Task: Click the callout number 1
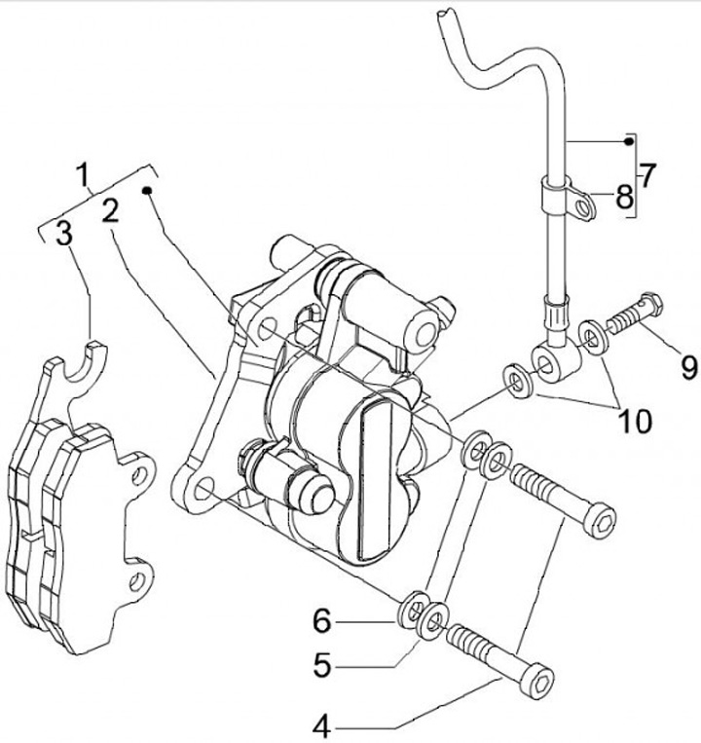84,174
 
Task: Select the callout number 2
110,211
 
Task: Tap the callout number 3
64,232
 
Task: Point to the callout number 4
322,726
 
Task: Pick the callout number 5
322,664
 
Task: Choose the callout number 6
322,620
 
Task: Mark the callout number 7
647,175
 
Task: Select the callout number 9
689,367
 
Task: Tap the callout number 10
635,421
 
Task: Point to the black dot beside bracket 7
628,141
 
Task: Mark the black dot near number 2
147,191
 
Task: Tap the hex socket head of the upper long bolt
600,520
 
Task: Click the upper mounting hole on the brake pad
140,474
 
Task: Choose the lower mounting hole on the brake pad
137,581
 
